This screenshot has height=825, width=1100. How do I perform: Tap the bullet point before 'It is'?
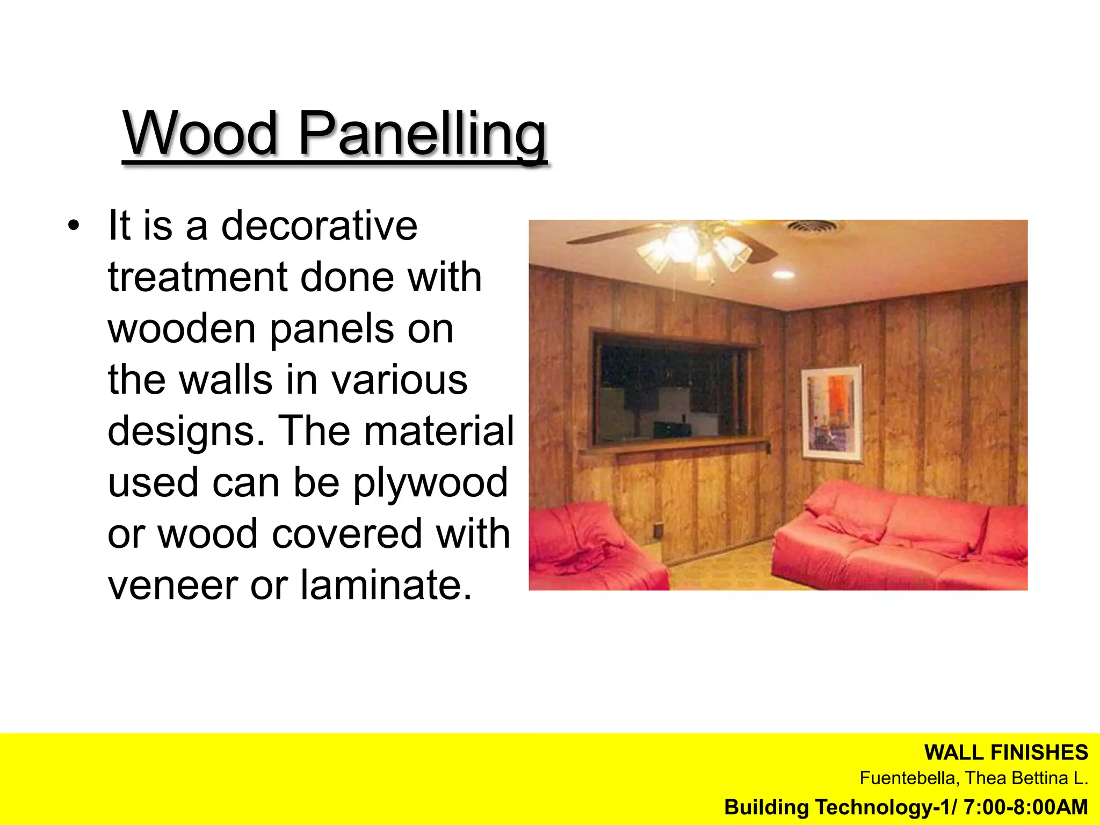[74, 226]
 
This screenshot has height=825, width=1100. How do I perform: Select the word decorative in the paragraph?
[319, 226]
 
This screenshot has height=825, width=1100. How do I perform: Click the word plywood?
[430, 482]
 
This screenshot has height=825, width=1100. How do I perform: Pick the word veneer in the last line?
[171, 584]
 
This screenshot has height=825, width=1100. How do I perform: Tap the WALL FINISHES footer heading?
[1005, 752]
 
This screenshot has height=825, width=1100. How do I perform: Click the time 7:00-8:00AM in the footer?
[1026, 807]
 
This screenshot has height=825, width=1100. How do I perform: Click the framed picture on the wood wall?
[831, 414]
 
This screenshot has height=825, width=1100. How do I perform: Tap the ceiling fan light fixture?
[693, 250]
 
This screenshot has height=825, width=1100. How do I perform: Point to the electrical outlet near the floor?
[657, 530]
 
